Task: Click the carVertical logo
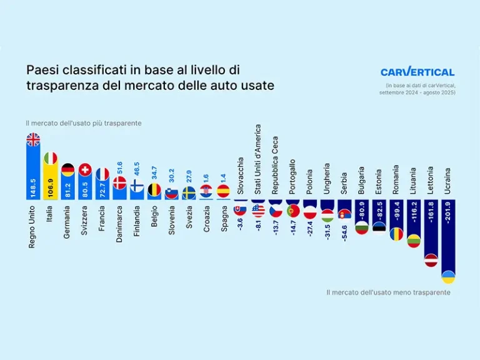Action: point(417,72)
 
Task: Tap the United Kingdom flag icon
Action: point(33,140)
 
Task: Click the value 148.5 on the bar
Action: point(33,186)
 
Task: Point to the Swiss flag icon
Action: point(85,169)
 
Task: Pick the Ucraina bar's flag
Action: point(448,276)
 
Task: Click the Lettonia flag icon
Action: point(431,260)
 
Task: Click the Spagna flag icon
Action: point(223,191)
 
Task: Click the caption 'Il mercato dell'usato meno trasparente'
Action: point(388,292)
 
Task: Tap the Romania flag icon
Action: point(396,234)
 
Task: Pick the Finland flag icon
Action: point(137,185)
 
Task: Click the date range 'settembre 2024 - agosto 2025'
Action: point(417,92)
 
